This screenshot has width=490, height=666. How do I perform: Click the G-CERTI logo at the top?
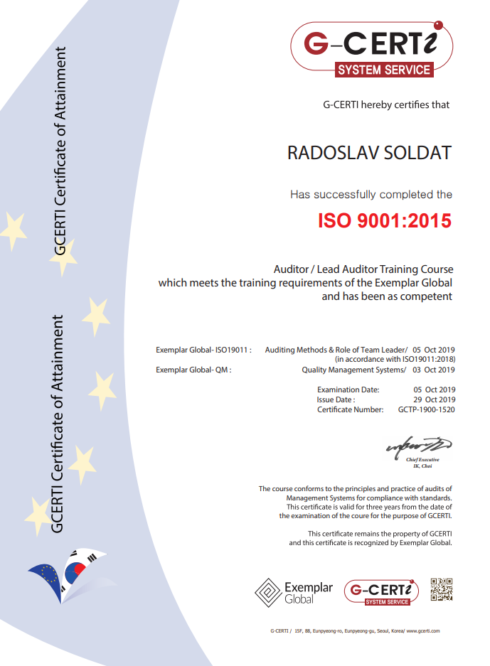(x=371, y=47)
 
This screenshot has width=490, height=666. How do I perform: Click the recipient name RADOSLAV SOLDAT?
(x=368, y=154)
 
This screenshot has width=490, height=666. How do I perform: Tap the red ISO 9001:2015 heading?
(x=384, y=220)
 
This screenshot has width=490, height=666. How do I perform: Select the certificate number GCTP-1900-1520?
(x=427, y=410)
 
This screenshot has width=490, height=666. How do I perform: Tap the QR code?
(x=441, y=590)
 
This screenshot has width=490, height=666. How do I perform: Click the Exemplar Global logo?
(x=294, y=592)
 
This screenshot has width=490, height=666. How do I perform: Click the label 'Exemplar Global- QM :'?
(x=193, y=370)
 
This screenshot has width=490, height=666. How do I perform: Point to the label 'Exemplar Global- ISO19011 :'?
(x=203, y=350)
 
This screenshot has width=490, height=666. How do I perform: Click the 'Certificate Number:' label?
(x=350, y=410)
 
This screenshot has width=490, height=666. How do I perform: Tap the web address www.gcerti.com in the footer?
(x=423, y=630)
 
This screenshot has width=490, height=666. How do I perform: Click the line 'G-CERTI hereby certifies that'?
(x=386, y=105)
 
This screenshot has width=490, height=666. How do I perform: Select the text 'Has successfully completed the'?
(x=371, y=194)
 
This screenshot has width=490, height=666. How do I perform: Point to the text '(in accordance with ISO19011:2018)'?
(x=395, y=360)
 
